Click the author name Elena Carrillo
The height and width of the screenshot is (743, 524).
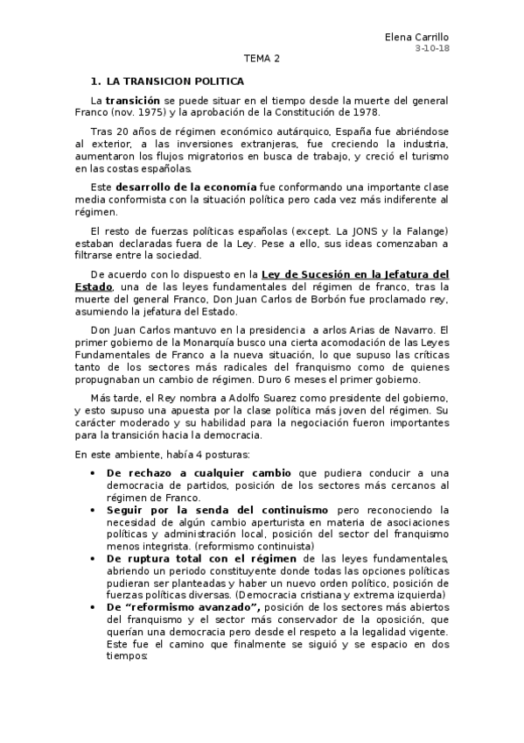pos(418,38)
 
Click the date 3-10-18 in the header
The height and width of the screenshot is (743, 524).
pos(432,49)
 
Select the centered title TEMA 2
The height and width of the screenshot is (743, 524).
pos(262,60)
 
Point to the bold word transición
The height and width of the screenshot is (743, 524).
pos(133,101)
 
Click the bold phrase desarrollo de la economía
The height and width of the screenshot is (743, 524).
pos(186,188)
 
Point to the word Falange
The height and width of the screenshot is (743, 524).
pos(423,231)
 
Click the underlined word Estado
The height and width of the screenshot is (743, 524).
pos(94,287)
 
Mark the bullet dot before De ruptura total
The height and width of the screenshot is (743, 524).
pos(94,557)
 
